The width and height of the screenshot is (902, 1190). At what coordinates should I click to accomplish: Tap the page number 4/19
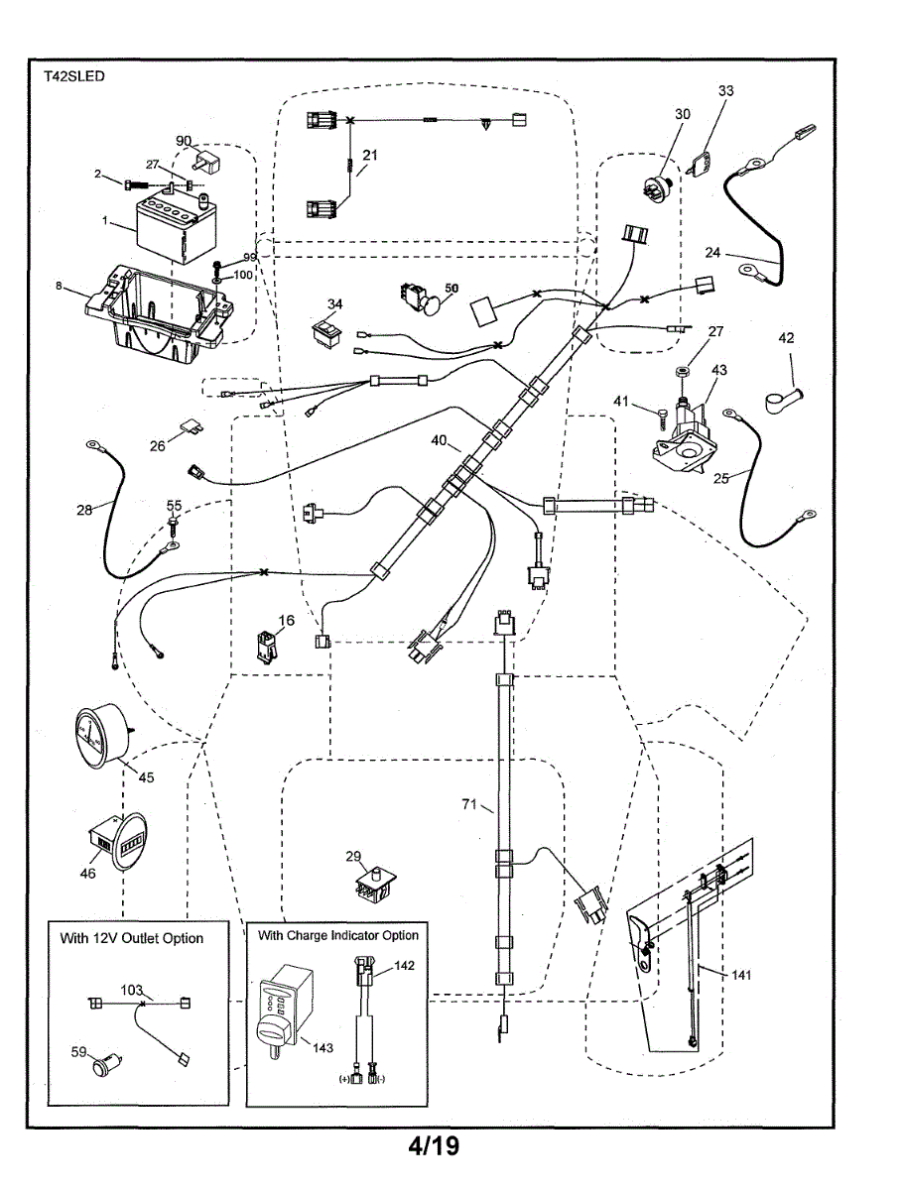[x=433, y=1147]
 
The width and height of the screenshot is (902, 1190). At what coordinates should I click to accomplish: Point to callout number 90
[x=184, y=140]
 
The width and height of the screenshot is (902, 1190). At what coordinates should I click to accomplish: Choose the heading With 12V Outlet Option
[x=132, y=938]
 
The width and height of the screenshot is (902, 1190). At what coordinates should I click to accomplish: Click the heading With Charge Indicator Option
[x=338, y=935]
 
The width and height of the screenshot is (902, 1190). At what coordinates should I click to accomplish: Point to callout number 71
[x=471, y=804]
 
